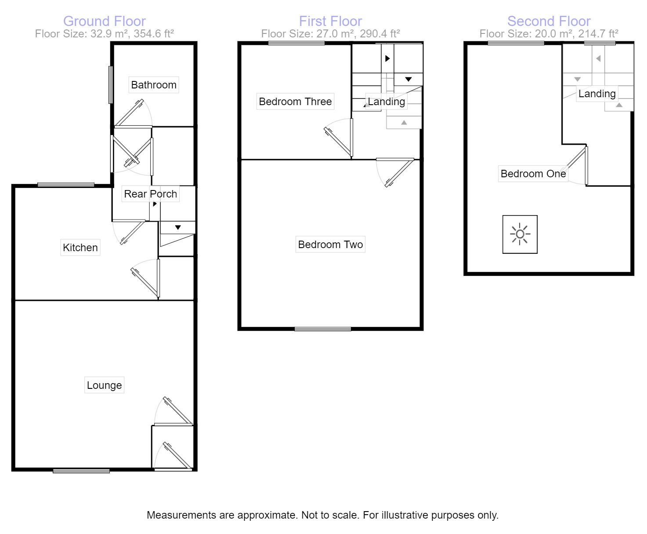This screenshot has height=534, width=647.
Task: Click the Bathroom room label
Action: (154, 85)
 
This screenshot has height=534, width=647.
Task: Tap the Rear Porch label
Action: (150, 194)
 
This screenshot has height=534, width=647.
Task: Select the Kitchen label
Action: (80, 248)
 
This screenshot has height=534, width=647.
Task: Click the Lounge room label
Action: (104, 385)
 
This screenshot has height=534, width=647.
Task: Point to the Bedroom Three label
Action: (295, 102)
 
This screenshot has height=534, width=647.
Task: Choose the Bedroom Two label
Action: (330, 245)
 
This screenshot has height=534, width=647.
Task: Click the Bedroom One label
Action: (533, 174)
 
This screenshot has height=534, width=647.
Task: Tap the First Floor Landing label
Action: (386, 102)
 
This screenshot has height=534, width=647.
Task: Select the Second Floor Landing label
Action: (596, 94)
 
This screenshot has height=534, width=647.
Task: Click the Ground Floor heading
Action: (105, 21)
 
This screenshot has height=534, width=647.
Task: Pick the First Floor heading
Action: (330, 21)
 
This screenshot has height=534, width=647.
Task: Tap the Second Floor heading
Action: (549, 21)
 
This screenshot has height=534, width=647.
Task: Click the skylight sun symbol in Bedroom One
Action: (520, 234)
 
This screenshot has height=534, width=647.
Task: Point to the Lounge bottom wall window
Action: (81, 471)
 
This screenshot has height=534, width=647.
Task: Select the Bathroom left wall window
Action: (111, 85)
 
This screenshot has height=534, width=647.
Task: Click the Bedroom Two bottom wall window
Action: (323, 329)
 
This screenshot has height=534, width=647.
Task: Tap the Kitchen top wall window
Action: (66, 185)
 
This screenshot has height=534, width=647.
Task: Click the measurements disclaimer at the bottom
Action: (323, 515)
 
